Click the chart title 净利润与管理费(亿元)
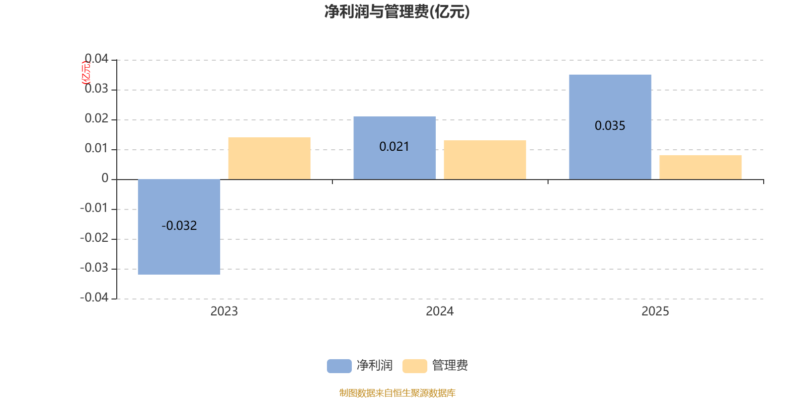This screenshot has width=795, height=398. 397,11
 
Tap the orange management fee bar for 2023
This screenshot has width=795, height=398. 269,158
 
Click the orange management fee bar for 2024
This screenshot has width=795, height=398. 484,160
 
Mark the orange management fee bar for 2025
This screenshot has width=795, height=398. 700,167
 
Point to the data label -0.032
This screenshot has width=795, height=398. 179,226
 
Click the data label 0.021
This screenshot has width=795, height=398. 394,147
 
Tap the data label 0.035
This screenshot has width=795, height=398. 610,126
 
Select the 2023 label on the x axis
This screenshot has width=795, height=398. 224,311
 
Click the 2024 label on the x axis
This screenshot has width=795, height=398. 439,311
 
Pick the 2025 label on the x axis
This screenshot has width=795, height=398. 655,311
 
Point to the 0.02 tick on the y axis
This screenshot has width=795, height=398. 96,118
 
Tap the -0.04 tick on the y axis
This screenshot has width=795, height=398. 94,298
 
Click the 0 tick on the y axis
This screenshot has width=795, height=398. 105,178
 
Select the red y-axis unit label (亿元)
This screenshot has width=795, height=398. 86,73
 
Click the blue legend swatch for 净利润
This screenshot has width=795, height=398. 339,366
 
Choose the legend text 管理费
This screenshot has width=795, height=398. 450,366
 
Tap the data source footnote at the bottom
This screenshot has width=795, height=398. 397,393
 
